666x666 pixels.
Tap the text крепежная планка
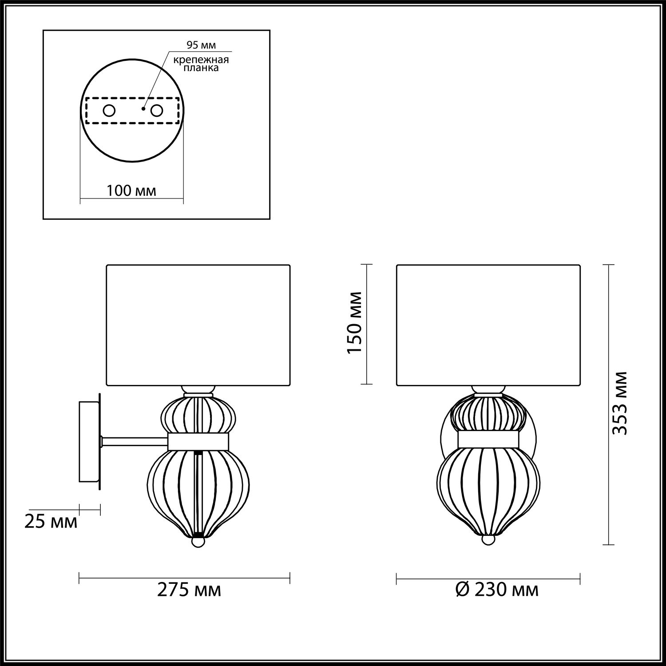click(x=201, y=64)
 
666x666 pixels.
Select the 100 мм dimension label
click(x=131, y=191)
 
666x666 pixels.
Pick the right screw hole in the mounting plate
click(x=157, y=111)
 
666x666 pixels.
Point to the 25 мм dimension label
click(x=51, y=522)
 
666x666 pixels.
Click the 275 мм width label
click(x=189, y=590)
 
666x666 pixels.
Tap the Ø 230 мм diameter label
click(x=497, y=590)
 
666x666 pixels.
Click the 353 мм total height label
click(x=619, y=403)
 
